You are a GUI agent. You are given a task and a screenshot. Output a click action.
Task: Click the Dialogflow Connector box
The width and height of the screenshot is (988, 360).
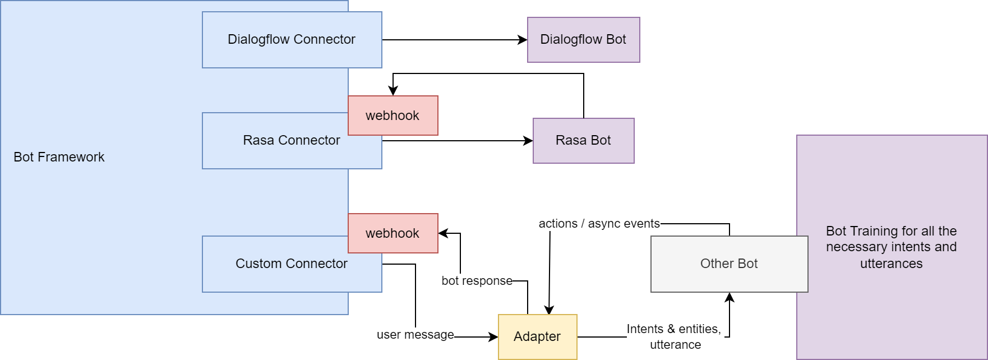(292, 39)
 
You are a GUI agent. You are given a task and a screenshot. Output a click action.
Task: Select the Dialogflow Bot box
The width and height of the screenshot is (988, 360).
(583, 39)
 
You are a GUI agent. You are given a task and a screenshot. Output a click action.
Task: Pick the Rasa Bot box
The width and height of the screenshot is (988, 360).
(583, 140)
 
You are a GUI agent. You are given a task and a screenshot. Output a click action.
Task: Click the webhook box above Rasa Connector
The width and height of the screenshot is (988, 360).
(393, 116)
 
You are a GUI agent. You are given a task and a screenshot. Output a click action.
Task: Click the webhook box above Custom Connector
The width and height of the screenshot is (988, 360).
(393, 233)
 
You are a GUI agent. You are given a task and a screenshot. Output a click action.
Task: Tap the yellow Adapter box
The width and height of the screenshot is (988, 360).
(537, 336)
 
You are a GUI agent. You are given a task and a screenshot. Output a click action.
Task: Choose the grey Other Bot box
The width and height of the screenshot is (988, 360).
(729, 264)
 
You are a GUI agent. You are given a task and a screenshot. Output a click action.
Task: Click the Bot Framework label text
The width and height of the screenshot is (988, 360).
(59, 157)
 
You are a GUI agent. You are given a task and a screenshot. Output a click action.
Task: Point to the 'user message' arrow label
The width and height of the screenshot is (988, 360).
(415, 335)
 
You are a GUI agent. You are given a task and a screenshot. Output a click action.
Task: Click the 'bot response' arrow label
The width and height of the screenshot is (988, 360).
(477, 280)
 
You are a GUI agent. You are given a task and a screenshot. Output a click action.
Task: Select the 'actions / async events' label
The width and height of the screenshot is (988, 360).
(599, 224)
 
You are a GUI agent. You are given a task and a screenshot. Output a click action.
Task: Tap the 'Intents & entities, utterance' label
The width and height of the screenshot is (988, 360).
(674, 336)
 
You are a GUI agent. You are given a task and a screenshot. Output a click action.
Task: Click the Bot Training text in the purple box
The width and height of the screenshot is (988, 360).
(891, 247)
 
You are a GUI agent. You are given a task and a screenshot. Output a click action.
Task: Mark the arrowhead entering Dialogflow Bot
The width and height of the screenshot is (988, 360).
(523, 40)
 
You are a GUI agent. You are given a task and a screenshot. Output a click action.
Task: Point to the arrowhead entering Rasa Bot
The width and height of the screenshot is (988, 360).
(529, 141)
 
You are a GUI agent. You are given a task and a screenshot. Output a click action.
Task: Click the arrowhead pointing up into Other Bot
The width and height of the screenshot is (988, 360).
(730, 297)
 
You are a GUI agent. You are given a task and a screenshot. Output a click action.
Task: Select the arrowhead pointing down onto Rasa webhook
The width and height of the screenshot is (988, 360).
(393, 91)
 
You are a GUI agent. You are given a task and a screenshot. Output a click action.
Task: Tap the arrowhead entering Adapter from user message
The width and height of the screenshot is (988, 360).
(494, 337)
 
